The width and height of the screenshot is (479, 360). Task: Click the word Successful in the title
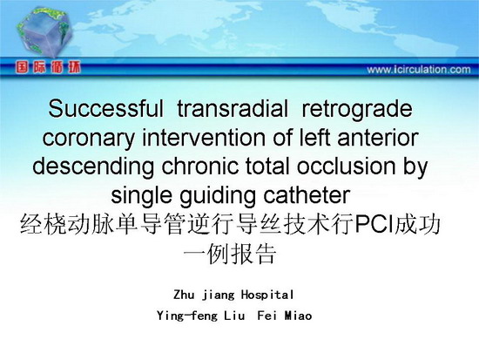(105, 109)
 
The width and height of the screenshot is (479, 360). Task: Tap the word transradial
(233, 109)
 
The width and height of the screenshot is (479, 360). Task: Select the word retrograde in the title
(357, 110)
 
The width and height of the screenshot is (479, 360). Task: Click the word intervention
(204, 138)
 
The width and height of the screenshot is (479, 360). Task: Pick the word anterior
(378, 138)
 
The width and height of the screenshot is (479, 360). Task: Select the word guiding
(217, 197)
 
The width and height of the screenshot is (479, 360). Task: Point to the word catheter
(307, 195)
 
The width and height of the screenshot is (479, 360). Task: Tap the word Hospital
(267, 295)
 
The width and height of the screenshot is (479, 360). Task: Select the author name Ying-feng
(186, 316)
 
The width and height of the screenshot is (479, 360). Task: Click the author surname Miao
(298, 316)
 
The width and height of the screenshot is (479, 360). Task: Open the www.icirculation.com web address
(419, 70)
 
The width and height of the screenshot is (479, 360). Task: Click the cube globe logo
(45, 32)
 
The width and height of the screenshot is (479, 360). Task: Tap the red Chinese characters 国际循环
(48, 67)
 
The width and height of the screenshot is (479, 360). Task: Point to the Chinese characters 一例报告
(230, 254)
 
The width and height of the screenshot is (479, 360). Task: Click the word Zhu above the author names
(184, 295)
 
